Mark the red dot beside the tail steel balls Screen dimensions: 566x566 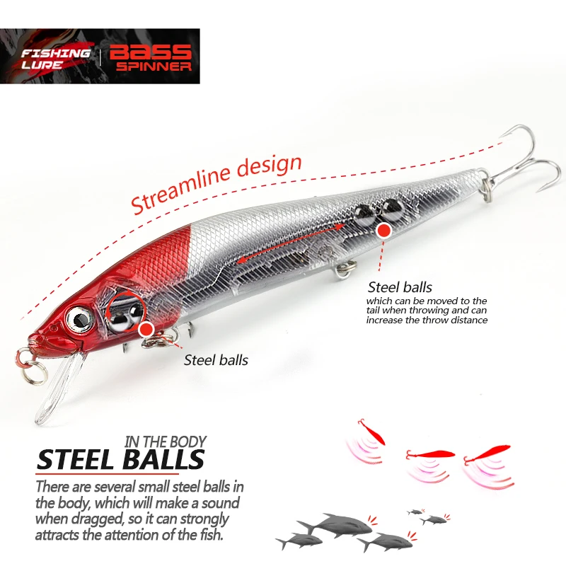pos(383,229)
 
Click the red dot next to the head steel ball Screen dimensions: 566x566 pos(146,328)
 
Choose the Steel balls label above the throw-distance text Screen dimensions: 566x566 pos(400,287)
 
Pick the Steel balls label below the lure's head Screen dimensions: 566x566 pos(216,359)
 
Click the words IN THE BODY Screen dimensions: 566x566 pos(165,442)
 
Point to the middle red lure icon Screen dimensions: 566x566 pos(430,454)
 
